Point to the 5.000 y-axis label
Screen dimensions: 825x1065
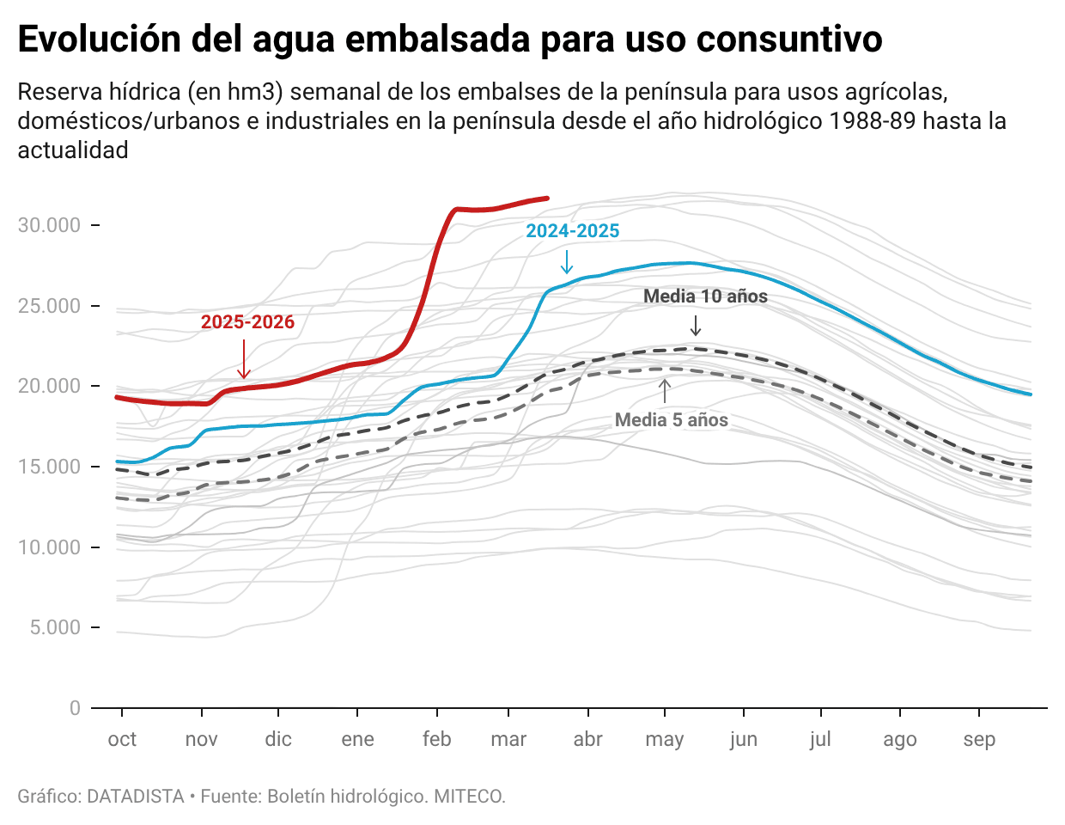[x=55, y=627]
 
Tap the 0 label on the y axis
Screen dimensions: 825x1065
[x=75, y=708]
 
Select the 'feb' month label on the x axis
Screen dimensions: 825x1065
[x=436, y=739]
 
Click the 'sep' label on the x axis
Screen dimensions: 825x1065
[x=978, y=739]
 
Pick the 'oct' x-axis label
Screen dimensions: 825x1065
[x=122, y=739]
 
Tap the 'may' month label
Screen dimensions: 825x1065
[x=664, y=739]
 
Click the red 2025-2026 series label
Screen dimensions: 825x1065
[x=247, y=322]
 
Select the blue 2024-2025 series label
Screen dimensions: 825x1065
[x=572, y=231]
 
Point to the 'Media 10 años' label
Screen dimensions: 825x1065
[x=705, y=296]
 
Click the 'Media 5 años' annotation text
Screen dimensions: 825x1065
[x=671, y=420]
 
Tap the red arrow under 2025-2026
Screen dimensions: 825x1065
[x=244, y=359]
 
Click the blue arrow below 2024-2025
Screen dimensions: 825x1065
[x=566, y=261]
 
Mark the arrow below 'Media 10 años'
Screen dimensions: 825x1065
[x=696, y=326]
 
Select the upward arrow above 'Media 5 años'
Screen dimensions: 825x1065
[x=664, y=391]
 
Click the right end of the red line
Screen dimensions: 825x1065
[x=547, y=199]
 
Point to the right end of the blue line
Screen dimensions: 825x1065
[x=1031, y=394]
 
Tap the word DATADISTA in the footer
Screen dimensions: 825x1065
[x=136, y=797]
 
